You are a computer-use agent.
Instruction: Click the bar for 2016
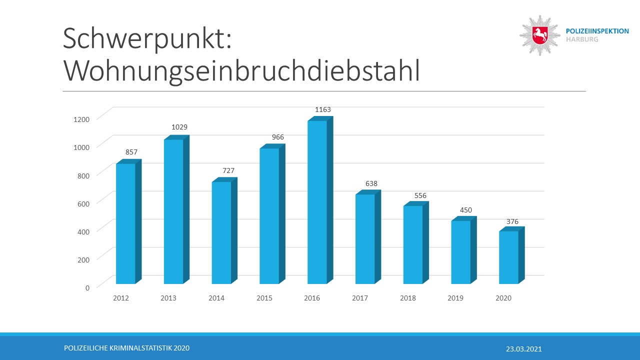[x=317, y=202]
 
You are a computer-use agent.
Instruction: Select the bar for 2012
[x=125, y=223]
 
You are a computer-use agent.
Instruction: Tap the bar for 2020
[x=508, y=257]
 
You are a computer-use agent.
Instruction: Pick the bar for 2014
[x=221, y=232]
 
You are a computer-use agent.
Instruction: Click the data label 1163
[x=323, y=109]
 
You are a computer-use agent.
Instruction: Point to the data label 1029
[x=179, y=127]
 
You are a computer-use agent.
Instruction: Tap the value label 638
[x=371, y=183]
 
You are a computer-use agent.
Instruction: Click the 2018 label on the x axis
[x=408, y=298]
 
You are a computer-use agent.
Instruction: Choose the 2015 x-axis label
[x=264, y=298]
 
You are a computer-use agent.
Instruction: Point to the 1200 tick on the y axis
[x=80, y=119]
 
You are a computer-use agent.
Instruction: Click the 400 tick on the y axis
[x=83, y=231]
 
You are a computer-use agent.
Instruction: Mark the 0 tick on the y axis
[x=87, y=287]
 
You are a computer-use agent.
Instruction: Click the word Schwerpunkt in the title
[x=147, y=39]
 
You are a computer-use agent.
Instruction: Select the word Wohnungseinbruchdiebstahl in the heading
[x=241, y=71]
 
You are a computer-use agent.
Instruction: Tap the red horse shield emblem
[x=540, y=35]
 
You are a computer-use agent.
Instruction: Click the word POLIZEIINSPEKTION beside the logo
[x=597, y=31]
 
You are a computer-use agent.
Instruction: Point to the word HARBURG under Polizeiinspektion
[x=581, y=39]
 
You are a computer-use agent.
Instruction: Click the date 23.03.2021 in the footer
[x=523, y=349]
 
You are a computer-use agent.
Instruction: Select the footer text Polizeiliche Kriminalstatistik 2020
[x=127, y=348]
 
